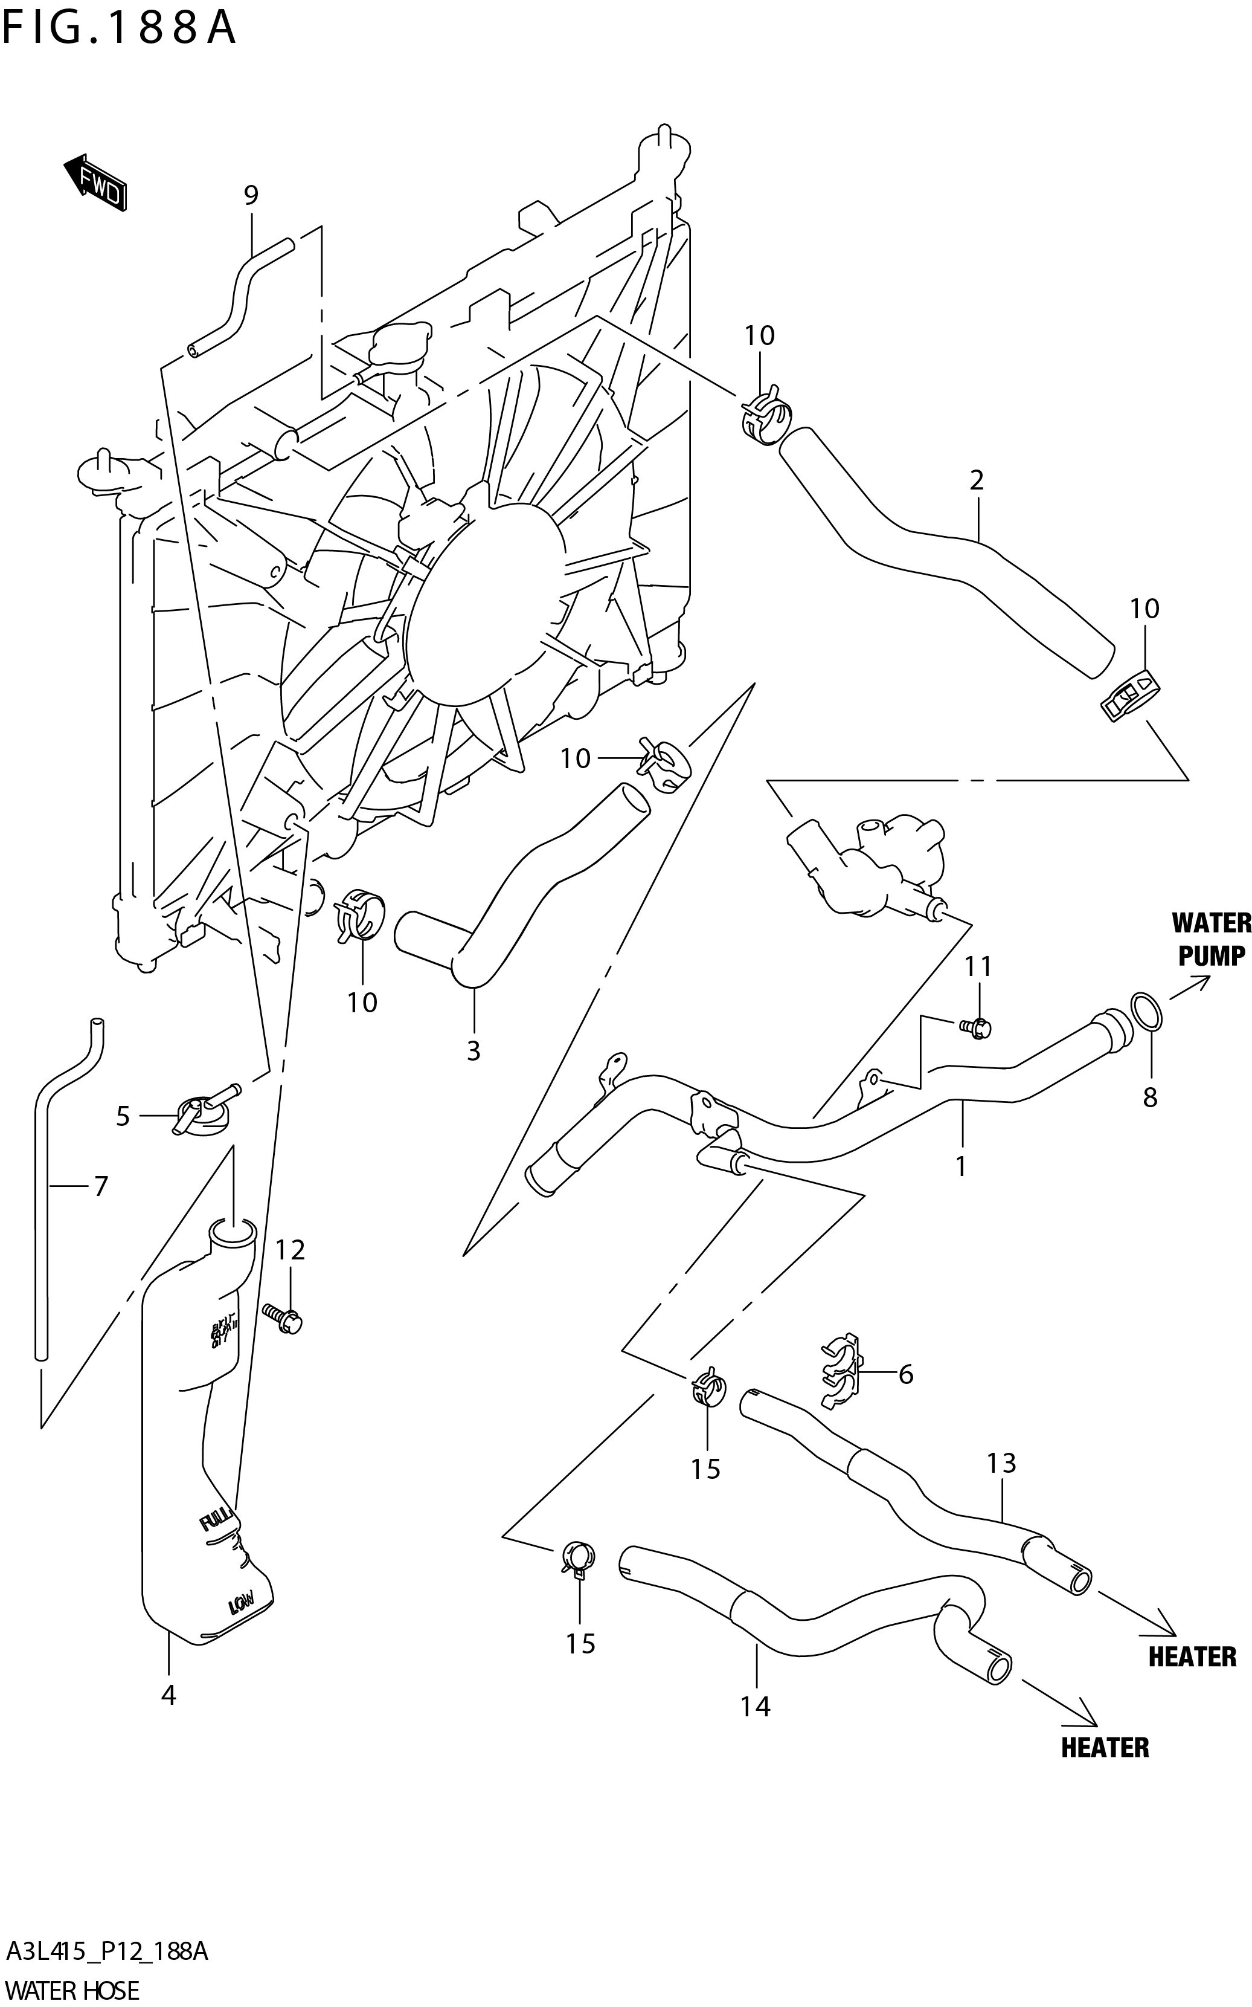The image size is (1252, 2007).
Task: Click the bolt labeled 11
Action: pos(977,1028)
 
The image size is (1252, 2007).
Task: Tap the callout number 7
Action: pos(100,1187)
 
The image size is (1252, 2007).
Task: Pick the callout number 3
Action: pos(473,1050)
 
